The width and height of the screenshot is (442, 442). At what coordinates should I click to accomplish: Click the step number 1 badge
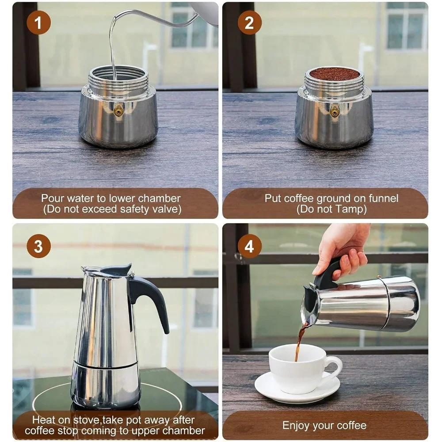tap(38, 23)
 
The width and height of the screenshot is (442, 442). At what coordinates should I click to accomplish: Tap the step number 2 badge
tap(249, 23)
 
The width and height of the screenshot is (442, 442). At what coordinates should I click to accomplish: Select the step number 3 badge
tap(38, 246)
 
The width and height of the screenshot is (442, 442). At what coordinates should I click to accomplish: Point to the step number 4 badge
tap(249, 246)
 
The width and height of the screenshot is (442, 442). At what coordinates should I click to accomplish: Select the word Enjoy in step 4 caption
tap(297, 426)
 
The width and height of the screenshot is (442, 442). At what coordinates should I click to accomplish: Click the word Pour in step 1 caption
tap(52, 198)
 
